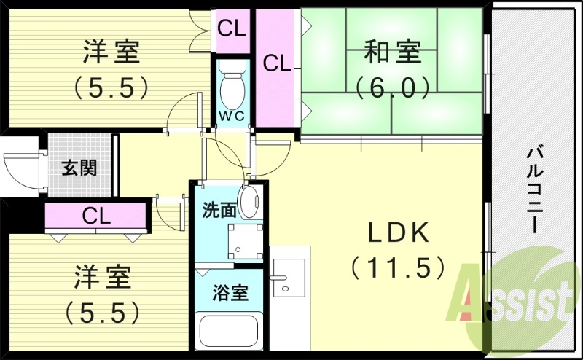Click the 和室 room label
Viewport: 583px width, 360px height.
coord(391,53)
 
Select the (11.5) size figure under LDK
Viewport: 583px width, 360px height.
coord(398,268)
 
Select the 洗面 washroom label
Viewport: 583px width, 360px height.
coord(219,211)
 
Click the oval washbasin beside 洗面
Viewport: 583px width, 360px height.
coord(250,201)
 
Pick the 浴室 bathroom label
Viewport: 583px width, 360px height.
coord(230,294)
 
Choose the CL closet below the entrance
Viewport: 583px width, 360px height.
coord(96,216)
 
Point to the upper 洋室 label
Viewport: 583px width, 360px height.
coord(111,53)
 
